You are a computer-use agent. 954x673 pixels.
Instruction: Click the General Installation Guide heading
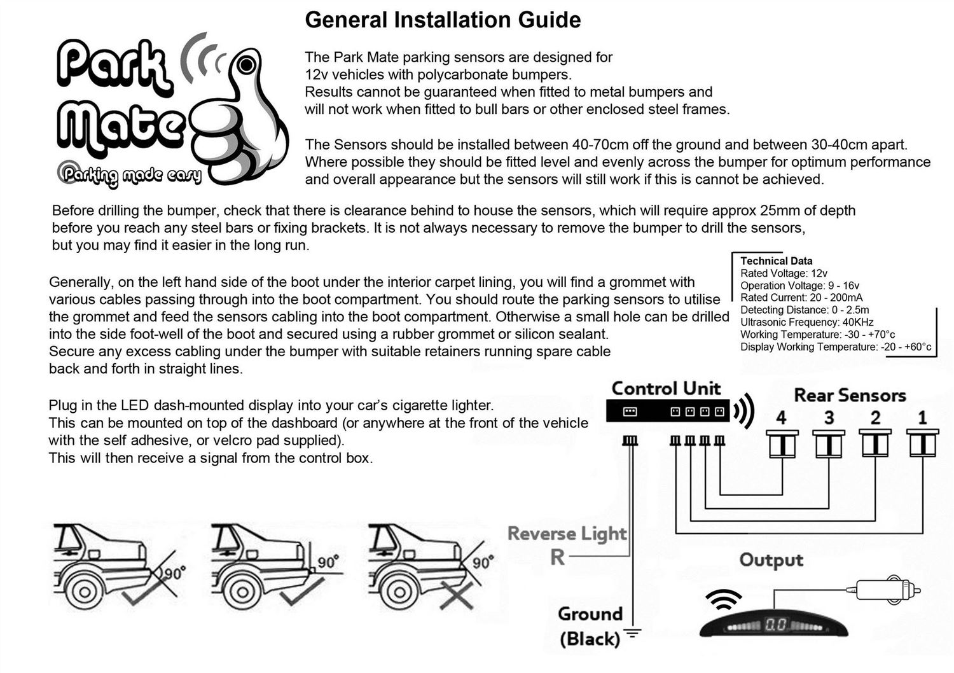(x=443, y=20)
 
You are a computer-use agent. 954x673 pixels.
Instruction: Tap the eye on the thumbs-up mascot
(x=246, y=65)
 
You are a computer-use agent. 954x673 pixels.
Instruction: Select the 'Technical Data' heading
(x=777, y=261)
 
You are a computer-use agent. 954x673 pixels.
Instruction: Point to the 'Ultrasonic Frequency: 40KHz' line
(x=806, y=322)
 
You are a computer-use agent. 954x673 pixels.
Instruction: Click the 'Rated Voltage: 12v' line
(x=784, y=273)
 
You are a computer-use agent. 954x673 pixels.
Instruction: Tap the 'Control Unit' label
(x=666, y=389)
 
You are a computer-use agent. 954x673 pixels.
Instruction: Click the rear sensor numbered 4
(x=782, y=444)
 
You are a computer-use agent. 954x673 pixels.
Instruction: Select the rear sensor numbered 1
(x=922, y=443)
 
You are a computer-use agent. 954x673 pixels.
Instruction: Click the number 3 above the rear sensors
(x=829, y=417)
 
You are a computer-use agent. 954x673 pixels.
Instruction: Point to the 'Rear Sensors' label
(x=850, y=395)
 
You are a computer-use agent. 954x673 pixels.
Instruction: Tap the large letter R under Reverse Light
(x=558, y=557)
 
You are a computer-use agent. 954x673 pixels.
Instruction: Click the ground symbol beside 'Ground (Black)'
(x=632, y=632)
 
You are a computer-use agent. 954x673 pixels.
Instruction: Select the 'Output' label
(x=771, y=560)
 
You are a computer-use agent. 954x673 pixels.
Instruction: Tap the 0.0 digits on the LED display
(x=775, y=625)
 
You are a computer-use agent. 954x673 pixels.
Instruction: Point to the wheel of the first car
(x=85, y=592)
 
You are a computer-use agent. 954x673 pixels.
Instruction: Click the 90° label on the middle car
(x=328, y=562)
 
